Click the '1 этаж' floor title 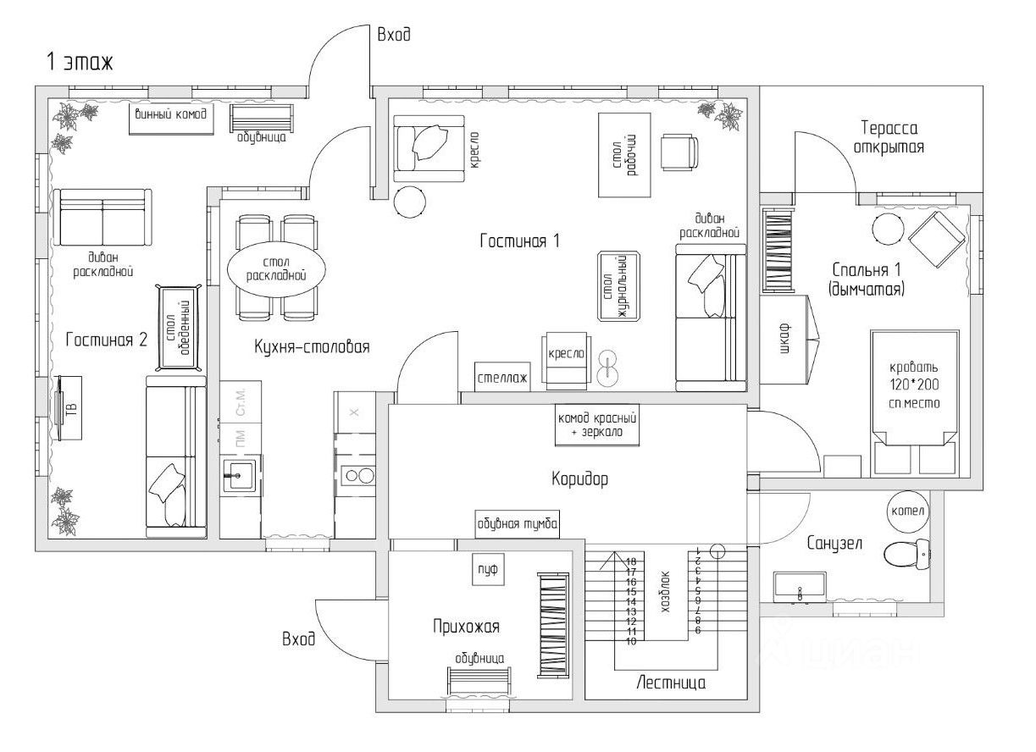(80, 62)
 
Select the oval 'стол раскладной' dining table (275, 269)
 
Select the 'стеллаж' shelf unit (501, 378)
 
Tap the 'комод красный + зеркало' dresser (596, 424)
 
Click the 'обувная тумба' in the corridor (518, 524)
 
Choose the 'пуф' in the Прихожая (486, 571)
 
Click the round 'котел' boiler (908, 512)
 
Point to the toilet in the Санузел (903, 556)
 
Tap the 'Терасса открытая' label (889, 137)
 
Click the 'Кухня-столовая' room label (312, 346)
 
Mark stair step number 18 (631, 561)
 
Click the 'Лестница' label (671, 683)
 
